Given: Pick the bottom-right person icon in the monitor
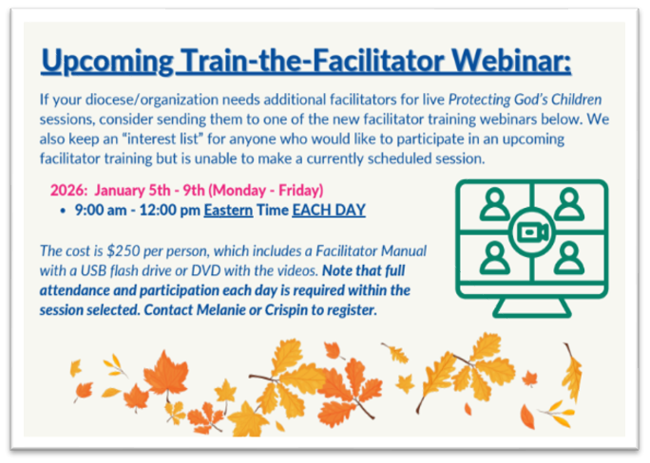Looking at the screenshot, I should (x=567, y=257).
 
